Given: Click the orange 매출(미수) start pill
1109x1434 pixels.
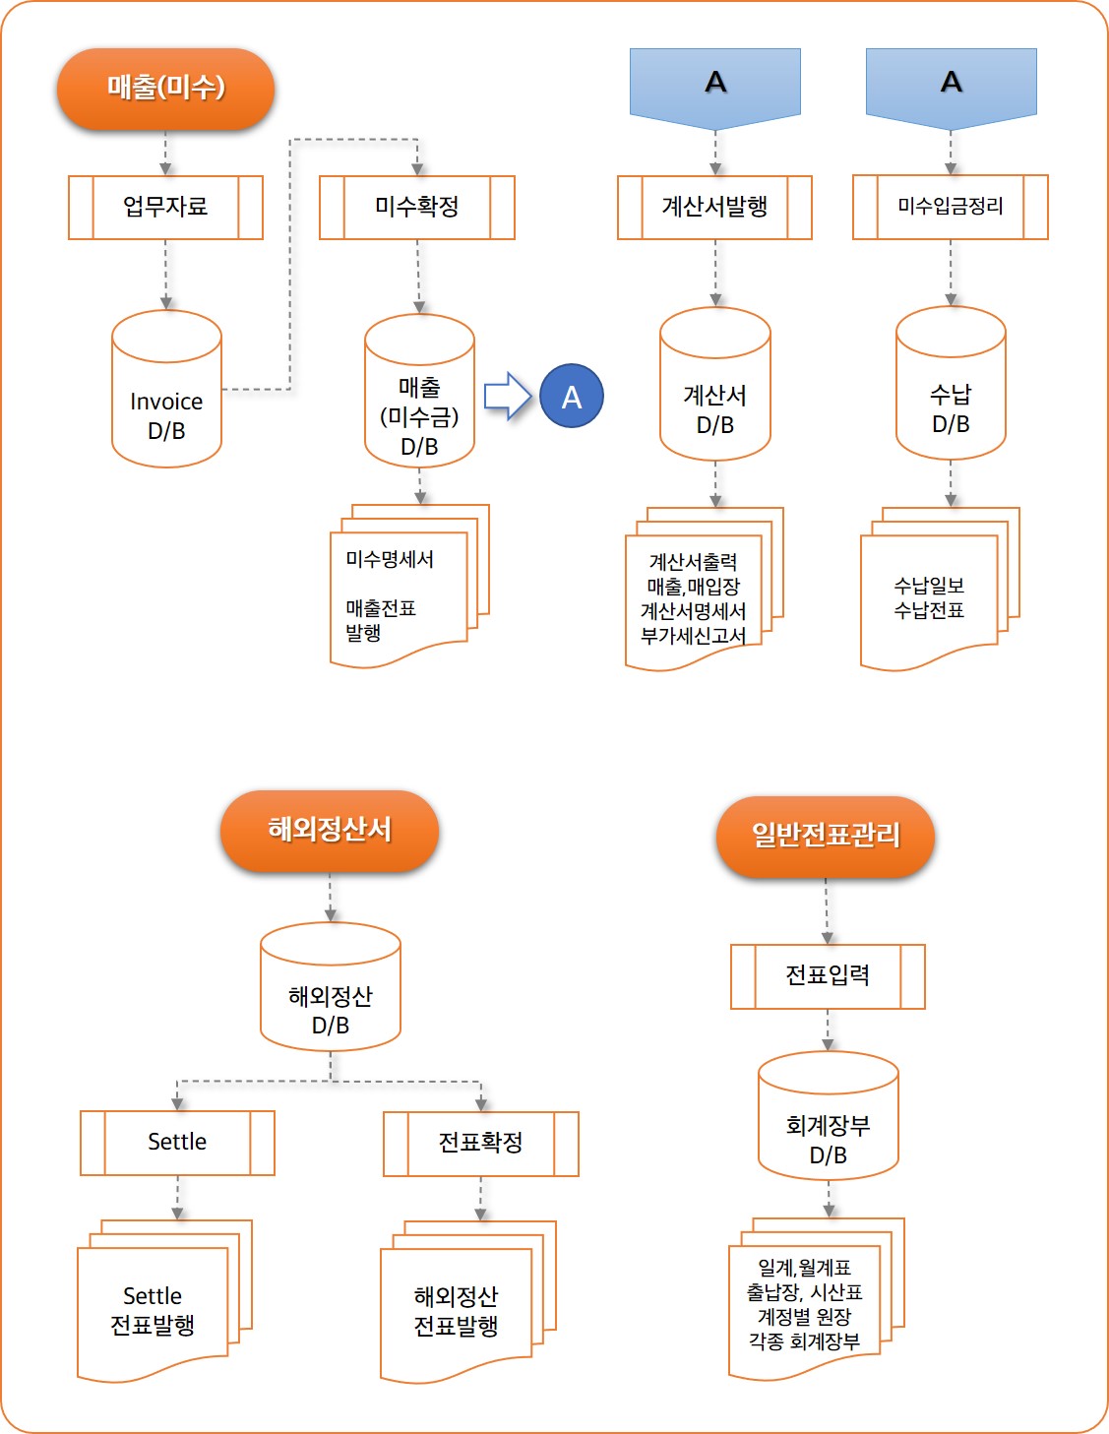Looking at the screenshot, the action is (165, 88).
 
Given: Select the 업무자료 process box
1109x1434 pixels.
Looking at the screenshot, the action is (165, 208).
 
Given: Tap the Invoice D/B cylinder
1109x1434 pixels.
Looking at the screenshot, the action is (166, 389).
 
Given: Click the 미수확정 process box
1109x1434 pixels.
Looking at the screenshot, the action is (417, 208).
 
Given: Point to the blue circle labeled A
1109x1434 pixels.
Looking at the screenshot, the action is (572, 396).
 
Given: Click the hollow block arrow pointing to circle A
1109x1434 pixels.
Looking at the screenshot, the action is (508, 396).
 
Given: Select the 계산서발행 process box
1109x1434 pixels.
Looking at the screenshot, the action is (714, 208).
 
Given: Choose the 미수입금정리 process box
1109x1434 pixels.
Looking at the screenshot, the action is (950, 207).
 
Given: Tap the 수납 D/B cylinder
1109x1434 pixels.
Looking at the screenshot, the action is (951, 384).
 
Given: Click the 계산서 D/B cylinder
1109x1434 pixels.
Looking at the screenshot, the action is (715, 384).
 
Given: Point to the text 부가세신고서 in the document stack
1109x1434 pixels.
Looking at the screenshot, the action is (694, 636).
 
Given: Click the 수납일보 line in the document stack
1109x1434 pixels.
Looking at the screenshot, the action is (929, 585).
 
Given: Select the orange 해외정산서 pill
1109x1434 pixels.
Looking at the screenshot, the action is (330, 831).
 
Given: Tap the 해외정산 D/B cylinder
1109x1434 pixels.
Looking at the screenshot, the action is (331, 986).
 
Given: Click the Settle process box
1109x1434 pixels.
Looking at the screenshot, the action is (177, 1143).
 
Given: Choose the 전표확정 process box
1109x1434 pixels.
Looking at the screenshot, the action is (481, 1144).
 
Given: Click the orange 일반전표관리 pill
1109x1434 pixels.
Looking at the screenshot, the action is (826, 837).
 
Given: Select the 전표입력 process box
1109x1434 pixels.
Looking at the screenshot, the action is (828, 976).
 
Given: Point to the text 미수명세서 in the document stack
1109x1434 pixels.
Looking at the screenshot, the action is (390, 560).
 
